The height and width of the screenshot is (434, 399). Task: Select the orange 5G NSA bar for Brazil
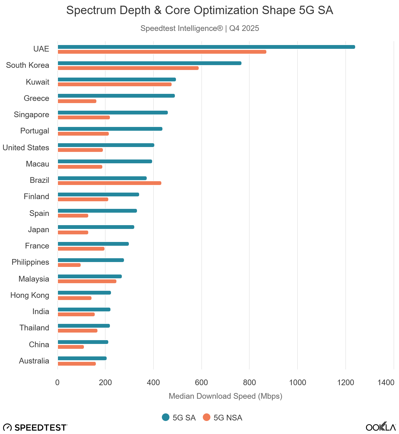pyautogui.click(x=109, y=183)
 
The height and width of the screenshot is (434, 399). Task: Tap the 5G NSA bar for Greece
pyautogui.click(x=77, y=101)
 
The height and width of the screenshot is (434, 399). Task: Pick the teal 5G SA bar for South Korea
pyautogui.click(x=149, y=63)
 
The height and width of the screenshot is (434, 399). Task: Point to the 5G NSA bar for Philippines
pyautogui.click(x=69, y=265)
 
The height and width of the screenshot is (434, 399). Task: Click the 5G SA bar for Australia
pyautogui.click(x=82, y=358)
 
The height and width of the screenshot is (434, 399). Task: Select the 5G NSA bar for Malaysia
pyautogui.click(x=87, y=281)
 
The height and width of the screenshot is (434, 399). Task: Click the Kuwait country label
pyautogui.click(x=38, y=82)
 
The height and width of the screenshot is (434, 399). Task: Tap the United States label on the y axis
pyautogui.click(x=26, y=148)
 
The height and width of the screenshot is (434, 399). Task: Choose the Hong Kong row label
pyautogui.click(x=30, y=295)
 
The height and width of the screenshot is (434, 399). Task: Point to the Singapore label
pyautogui.click(x=31, y=114)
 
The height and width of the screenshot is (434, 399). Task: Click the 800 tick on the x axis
pyautogui.click(x=249, y=382)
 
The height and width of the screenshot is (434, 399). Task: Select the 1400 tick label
pyautogui.click(x=386, y=382)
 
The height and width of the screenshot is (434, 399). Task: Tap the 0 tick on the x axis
pyautogui.click(x=57, y=382)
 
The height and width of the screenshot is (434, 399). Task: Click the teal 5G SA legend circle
pyautogui.click(x=166, y=417)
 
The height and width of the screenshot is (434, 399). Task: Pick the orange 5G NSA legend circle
pyautogui.click(x=207, y=417)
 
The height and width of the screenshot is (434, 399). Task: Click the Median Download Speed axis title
pyautogui.click(x=225, y=396)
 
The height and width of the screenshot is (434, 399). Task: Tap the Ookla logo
pyautogui.click(x=381, y=427)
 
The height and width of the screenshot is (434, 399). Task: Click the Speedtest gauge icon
pyautogui.click(x=8, y=427)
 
